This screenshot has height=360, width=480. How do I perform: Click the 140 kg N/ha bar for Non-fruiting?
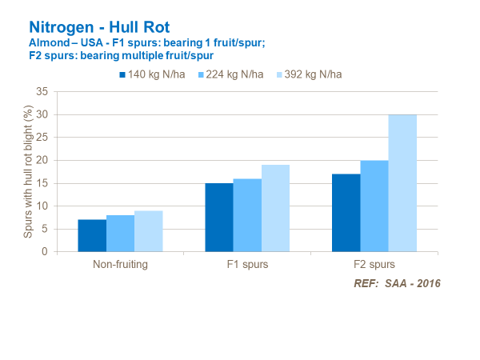click(x=92, y=235)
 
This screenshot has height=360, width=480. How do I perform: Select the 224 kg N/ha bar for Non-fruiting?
click(x=120, y=233)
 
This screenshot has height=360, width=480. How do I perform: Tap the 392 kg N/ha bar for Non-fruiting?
click(x=148, y=231)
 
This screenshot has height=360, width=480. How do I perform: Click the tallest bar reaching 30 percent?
click(x=402, y=183)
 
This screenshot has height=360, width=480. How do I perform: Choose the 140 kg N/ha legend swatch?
click(x=123, y=74)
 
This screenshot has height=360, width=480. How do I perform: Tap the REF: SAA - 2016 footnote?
click(x=397, y=283)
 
